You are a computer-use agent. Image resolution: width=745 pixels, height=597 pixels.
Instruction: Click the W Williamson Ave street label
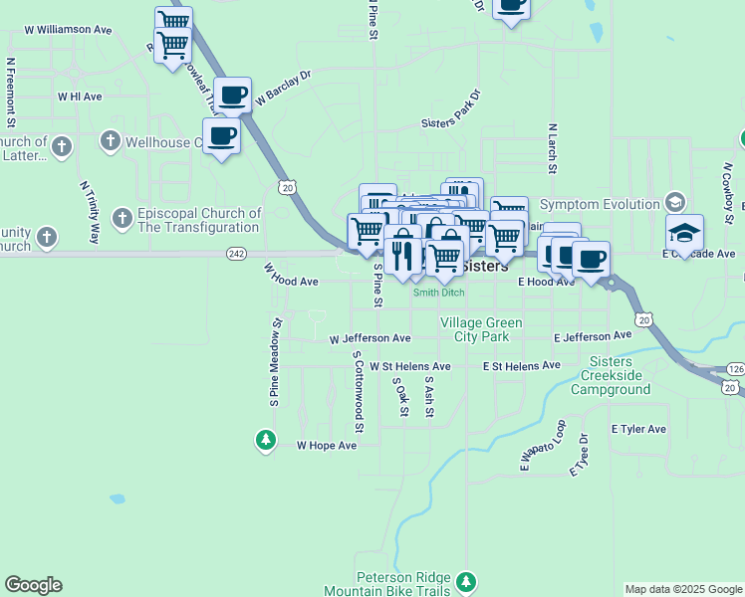coord(68,30)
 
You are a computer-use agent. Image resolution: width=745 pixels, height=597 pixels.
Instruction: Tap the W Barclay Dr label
coord(284,88)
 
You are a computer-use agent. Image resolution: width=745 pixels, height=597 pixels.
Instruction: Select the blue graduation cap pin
coord(684,234)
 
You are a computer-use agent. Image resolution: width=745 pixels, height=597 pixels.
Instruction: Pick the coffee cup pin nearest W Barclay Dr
coord(232,97)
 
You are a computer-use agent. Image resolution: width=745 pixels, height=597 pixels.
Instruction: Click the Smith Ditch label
coord(439,293)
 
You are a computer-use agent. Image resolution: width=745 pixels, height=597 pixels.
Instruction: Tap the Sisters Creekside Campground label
coord(610,375)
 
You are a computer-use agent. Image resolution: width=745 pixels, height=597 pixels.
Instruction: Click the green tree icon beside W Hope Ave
coord(265,439)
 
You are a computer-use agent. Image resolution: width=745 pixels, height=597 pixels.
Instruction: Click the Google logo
coord(33,585)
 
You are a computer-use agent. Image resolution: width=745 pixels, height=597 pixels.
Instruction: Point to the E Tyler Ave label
coord(636,429)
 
